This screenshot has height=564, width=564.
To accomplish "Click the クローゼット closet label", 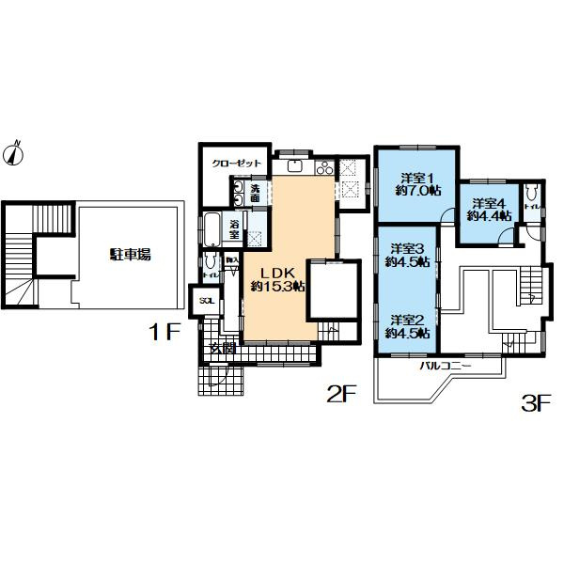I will coord(235,163).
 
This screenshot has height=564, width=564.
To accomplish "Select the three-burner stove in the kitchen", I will coord(323,168).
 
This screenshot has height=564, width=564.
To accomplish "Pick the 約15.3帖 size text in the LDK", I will coord(277,286).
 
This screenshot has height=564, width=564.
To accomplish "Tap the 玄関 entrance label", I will coord(223,348).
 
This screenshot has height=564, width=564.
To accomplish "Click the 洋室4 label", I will coord(489,203).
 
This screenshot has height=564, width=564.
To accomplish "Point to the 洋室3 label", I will coord(408,248).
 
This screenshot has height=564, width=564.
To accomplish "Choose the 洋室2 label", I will coord(408,320).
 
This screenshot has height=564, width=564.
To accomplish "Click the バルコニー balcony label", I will coord(445,364).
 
